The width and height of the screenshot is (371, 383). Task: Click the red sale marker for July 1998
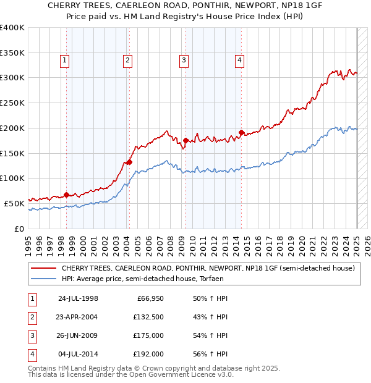coord(66,195)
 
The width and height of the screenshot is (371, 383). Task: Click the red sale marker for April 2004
coord(129,162)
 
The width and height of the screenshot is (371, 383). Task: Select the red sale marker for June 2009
coord(185,140)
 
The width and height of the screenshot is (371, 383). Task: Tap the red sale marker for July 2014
coord(241,132)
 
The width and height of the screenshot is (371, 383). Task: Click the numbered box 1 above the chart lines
coord(65,60)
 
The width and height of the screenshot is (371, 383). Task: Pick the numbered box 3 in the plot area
coord(184,60)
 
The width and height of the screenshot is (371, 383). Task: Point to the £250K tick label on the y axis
coord(12,103)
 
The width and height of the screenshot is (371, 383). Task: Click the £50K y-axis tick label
coord(14,203)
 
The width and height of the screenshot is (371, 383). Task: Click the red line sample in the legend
coord(43,269)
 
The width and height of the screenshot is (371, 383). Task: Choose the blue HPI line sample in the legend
coord(43,279)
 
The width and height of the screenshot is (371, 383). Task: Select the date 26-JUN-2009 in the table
coord(78,336)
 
